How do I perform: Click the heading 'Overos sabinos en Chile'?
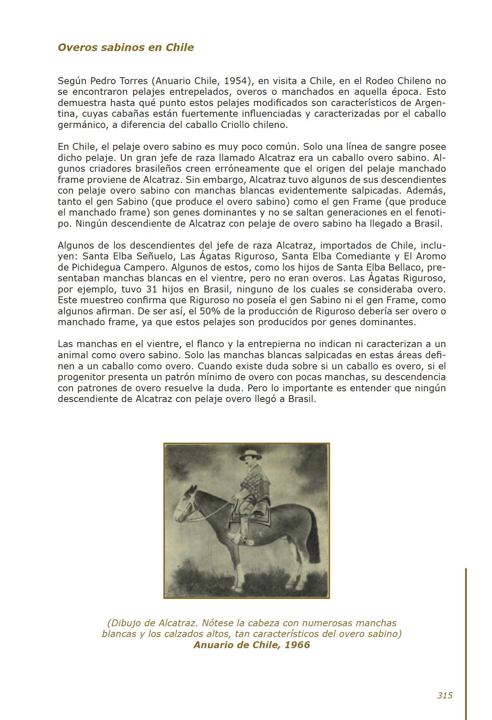126,47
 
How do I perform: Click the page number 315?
445,695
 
